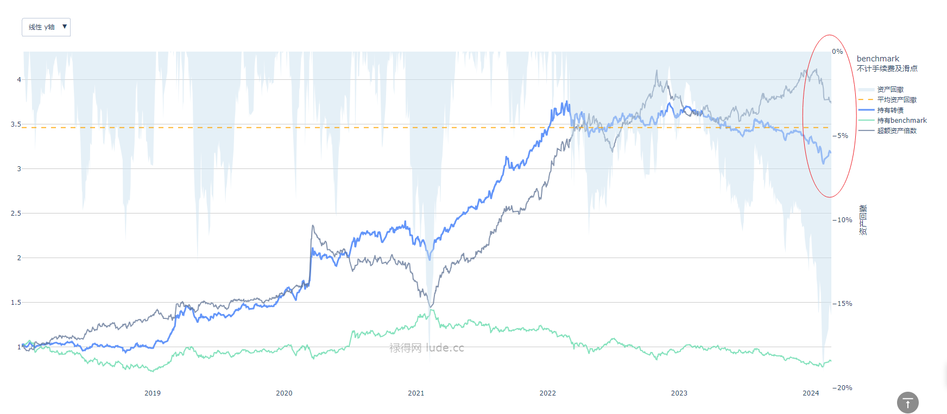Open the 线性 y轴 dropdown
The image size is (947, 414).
46,27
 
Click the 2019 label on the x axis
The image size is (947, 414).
153,393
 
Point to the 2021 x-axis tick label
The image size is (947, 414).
416,393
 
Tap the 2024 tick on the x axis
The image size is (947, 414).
811,393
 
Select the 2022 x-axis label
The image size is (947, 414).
547,393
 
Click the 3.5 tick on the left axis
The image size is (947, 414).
16,124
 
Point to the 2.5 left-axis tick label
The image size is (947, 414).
16,214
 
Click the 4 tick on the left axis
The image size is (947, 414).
19,80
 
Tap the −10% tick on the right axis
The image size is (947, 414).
842,220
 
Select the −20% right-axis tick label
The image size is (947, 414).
842,388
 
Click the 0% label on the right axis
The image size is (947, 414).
837,52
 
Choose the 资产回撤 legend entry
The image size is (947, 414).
890,90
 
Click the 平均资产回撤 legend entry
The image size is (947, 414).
897,100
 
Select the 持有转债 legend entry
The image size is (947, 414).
890,110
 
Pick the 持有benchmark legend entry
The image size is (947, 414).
901,121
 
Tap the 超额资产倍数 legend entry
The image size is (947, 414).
897,131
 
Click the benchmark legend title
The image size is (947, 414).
877,59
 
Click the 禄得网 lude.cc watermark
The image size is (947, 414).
427,348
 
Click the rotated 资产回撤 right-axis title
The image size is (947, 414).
863,220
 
